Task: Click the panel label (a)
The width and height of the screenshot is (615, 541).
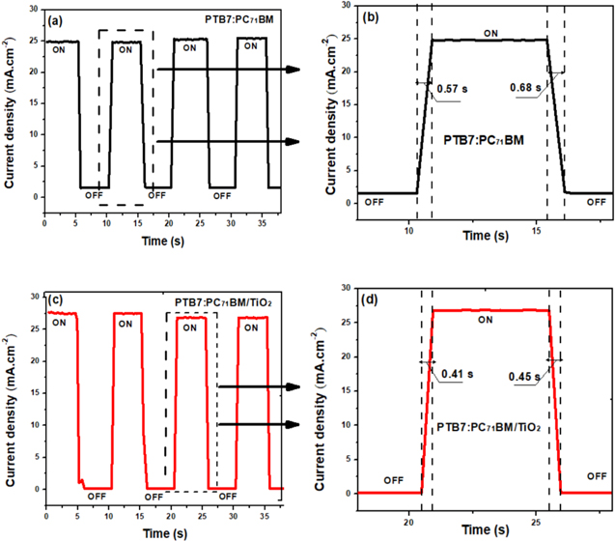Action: point(60,19)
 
